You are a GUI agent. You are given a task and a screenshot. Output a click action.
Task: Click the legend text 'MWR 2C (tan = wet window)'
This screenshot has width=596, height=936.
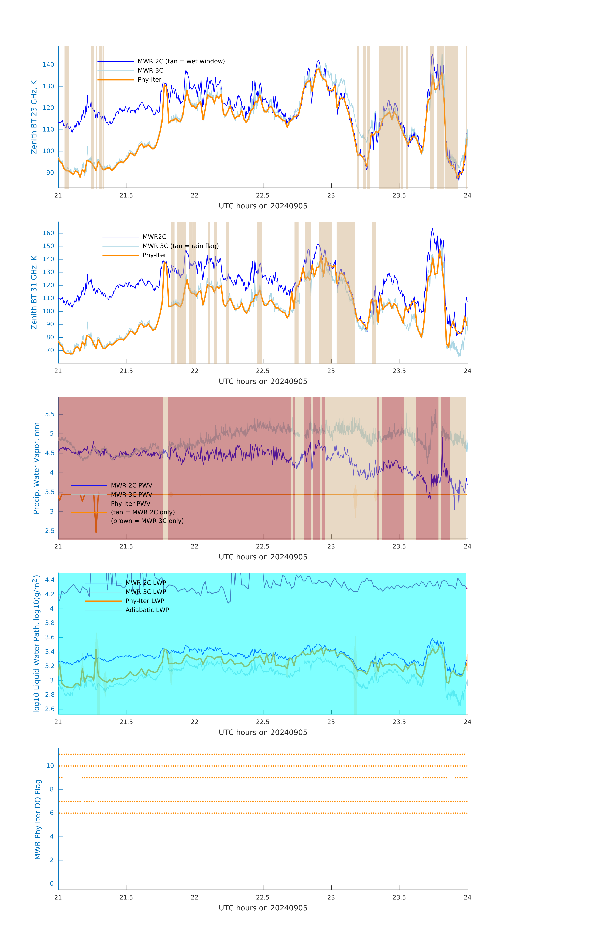(181, 61)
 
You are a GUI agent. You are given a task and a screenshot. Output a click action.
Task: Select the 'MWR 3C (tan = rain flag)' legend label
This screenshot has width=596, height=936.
(181, 246)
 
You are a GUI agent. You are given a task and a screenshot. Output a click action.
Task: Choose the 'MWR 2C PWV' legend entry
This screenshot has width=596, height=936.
(132, 485)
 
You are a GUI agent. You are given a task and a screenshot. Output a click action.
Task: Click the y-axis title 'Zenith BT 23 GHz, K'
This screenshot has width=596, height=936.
(34, 117)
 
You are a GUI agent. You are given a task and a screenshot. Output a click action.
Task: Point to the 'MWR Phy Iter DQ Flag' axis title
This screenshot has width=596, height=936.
(38, 819)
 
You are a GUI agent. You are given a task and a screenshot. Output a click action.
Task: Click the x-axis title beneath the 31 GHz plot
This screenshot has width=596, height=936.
(263, 382)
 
